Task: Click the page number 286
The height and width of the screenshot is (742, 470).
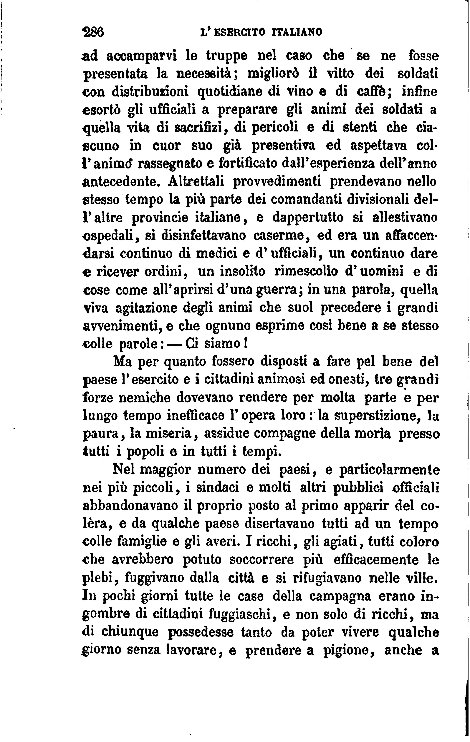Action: click(94, 32)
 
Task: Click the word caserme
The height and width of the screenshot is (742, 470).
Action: click(279, 235)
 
